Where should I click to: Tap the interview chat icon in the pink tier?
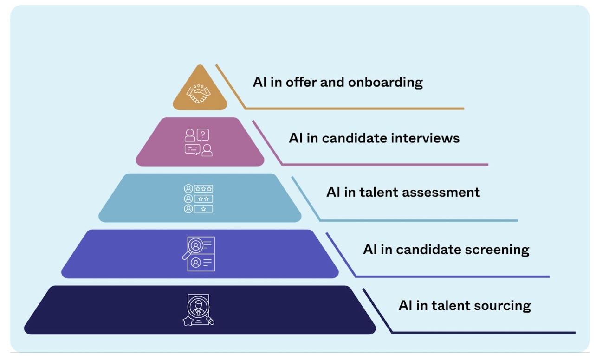pyautogui.click(x=199, y=142)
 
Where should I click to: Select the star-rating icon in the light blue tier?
pyautogui.click(x=199, y=199)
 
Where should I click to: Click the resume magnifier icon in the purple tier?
pyautogui.click(x=199, y=254)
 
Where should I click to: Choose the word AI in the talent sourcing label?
pyautogui.click(x=405, y=306)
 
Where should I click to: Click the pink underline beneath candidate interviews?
pyautogui.click(x=385, y=164)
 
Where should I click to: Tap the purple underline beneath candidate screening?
pyautogui.click(x=453, y=276)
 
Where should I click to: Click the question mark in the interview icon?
pyautogui.click(x=203, y=135)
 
